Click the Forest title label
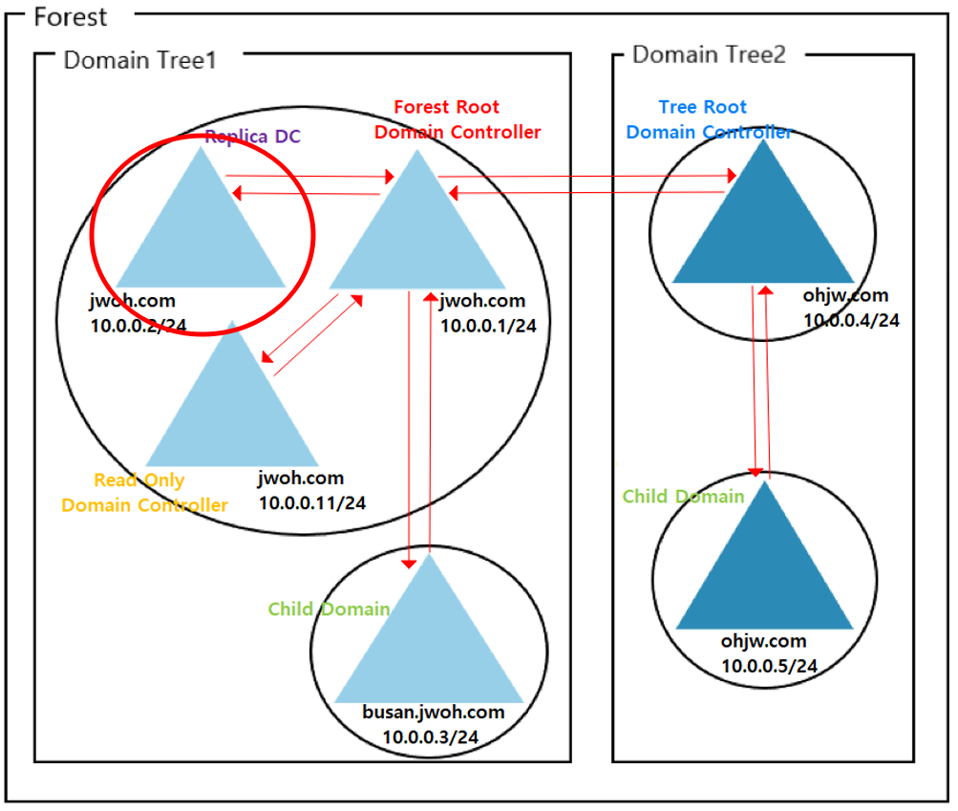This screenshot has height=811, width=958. [x=71, y=17]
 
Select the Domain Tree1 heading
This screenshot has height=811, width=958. [x=140, y=60]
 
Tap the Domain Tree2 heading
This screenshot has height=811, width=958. [x=709, y=54]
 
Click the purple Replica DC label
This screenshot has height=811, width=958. [x=252, y=137]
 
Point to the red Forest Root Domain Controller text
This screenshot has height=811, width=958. [x=457, y=119]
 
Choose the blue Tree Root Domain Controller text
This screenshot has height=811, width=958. [x=709, y=119]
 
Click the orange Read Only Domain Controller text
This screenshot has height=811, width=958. [x=144, y=492]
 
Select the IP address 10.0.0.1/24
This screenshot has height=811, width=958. [x=488, y=326]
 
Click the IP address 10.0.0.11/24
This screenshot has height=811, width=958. [x=312, y=502]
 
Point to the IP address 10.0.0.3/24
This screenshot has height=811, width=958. [x=431, y=736]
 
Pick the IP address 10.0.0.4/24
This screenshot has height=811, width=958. [x=851, y=320]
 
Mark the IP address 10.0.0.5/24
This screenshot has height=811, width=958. [x=769, y=666]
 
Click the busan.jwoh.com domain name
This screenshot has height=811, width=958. [x=433, y=713]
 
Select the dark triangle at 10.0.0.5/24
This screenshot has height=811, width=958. [x=764, y=568]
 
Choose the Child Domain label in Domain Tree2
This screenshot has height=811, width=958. [x=683, y=497]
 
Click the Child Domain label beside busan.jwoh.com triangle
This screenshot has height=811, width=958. [x=329, y=609]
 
